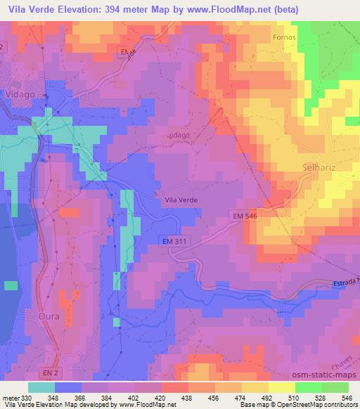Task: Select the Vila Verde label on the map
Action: point(181,200)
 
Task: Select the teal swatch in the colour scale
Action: point(41,387)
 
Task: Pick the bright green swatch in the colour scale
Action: point(308,387)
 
